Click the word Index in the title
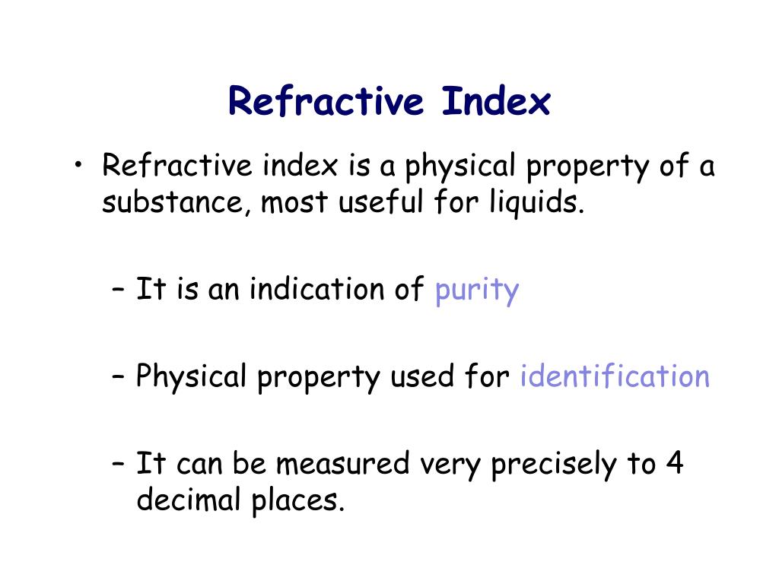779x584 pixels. point(495,101)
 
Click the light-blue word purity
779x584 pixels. point(477,291)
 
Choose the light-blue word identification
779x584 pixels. point(615,376)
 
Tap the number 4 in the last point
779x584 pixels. point(674,463)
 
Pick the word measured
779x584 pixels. point(344,463)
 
